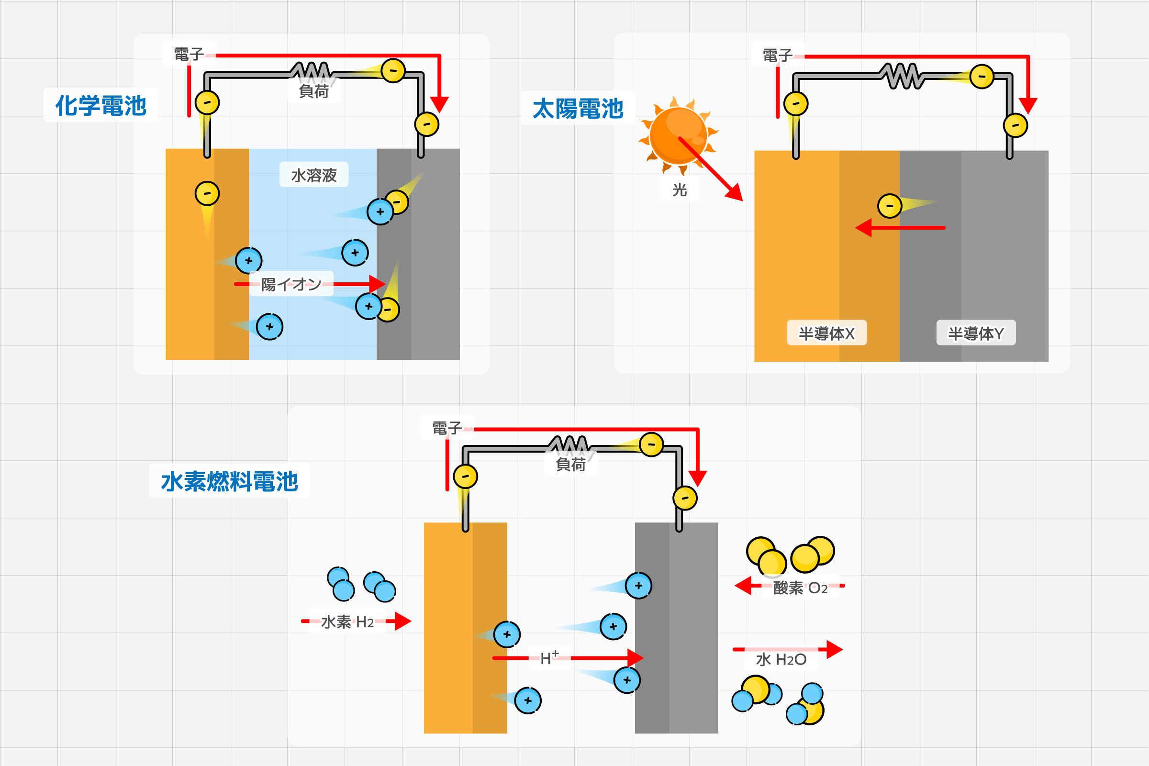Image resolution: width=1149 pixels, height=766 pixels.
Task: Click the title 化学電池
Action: pyautogui.click(x=100, y=106)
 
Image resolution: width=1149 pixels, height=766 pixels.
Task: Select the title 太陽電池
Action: pyautogui.click(x=578, y=109)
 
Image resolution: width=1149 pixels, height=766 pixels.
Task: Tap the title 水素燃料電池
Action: pyautogui.click(x=229, y=481)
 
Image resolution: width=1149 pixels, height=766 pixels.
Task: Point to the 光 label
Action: pyautogui.click(x=680, y=189)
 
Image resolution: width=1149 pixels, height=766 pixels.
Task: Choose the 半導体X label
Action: pyautogui.click(x=826, y=333)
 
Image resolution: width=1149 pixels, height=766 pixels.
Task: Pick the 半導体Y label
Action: pyautogui.click(x=976, y=333)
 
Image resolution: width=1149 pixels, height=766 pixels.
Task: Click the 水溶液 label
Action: pyautogui.click(x=313, y=175)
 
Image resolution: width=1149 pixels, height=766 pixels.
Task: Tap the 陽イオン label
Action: pyautogui.click(x=291, y=284)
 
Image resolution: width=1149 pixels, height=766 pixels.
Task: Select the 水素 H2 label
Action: pyautogui.click(x=347, y=622)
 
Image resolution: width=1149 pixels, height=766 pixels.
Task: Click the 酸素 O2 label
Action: pyautogui.click(x=800, y=588)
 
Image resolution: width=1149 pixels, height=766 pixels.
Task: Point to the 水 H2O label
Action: pyautogui.click(x=781, y=659)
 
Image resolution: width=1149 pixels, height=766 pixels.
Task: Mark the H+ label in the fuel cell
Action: pyautogui.click(x=549, y=658)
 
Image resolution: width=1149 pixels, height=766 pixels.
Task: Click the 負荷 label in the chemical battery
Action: pyautogui.click(x=313, y=91)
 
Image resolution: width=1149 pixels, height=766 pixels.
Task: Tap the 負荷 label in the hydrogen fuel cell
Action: pyautogui.click(x=570, y=464)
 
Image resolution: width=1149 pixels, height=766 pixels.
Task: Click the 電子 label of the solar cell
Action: pyautogui.click(x=777, y=56)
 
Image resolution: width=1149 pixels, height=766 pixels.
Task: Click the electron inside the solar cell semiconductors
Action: pyautogui.click(x=890, y=206)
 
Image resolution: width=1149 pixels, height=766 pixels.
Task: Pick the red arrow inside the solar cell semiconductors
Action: pyautogui.click(x=900, y=228)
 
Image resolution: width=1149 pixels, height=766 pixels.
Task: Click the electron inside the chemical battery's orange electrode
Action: pyautogui.click(x=207, y=193)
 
